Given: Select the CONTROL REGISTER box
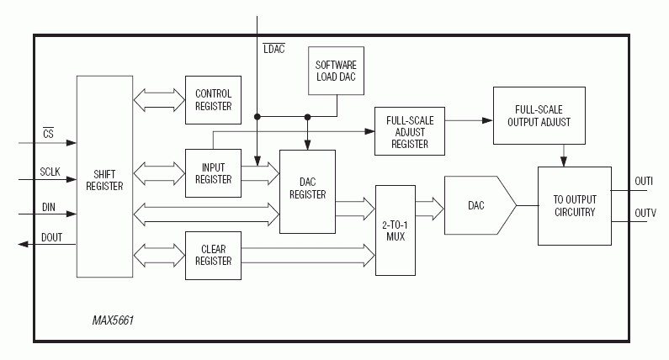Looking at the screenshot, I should tap(213, 99).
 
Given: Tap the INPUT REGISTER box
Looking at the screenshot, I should tap(213, 173).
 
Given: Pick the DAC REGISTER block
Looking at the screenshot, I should tap(306, 192).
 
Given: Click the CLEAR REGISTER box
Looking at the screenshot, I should tap(213, 254).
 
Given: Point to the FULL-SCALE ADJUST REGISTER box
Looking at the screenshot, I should tap(409, 130).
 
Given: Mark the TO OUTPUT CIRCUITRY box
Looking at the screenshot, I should tap(575, 206).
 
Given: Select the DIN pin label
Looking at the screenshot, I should tap(48, 206).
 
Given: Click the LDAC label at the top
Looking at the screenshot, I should tap(273, 49).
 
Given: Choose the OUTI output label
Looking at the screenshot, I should tap(644, 181).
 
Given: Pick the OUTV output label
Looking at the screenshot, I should tap(644, 214).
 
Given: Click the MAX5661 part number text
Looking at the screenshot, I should tap(114, 321).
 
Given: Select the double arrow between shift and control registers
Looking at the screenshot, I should tap(160, 98).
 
